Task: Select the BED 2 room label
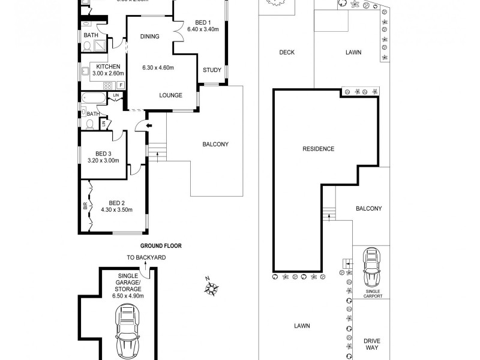point(116,203)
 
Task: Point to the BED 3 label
point(104,153)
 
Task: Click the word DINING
point(150,37)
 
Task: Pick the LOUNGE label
point(171,95)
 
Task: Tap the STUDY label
point(212,70)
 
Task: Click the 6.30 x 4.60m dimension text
point(157,67)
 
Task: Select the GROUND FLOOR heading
point(161,245)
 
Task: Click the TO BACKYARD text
point(146,257)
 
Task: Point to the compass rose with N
point(211,289)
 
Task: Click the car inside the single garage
point(128,330)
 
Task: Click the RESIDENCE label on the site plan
point(318,149)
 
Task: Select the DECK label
point(287,52)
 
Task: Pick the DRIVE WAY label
point(372,344)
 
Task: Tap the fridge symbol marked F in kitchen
point(121,85)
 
